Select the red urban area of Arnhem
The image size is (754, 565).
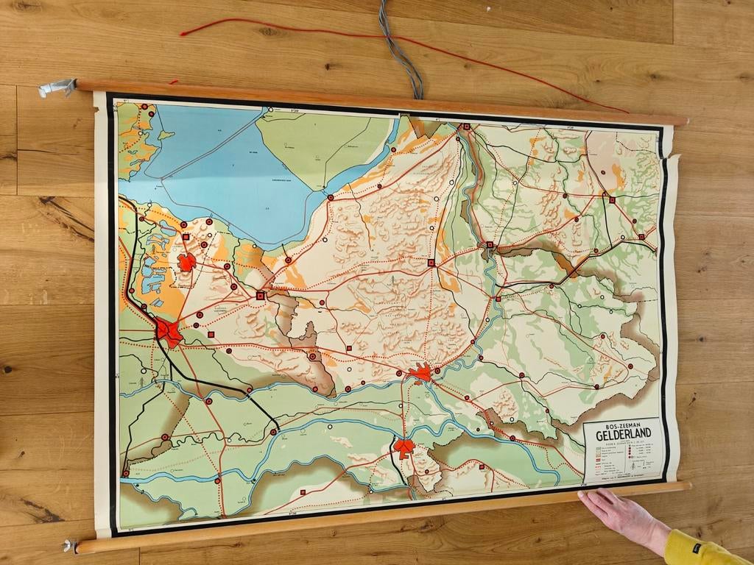tap(420, 373)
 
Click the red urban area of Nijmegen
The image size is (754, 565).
tap(404, 447)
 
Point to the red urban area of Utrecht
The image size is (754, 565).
tap(169, 332)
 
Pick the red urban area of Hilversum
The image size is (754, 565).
tap(187, 262)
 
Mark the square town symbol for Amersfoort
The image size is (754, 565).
tap(260, 295)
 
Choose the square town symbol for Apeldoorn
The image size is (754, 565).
tap(431, 262)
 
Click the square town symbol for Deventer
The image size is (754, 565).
tap(488, 245)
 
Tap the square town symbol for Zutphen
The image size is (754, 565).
tap(498, 299)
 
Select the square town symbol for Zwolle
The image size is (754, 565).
tap(465, 127)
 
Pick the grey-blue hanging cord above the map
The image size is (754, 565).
tap(402, 51)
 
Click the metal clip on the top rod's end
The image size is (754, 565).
tap(57, 88)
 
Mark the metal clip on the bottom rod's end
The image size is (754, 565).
tap(71, 545)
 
